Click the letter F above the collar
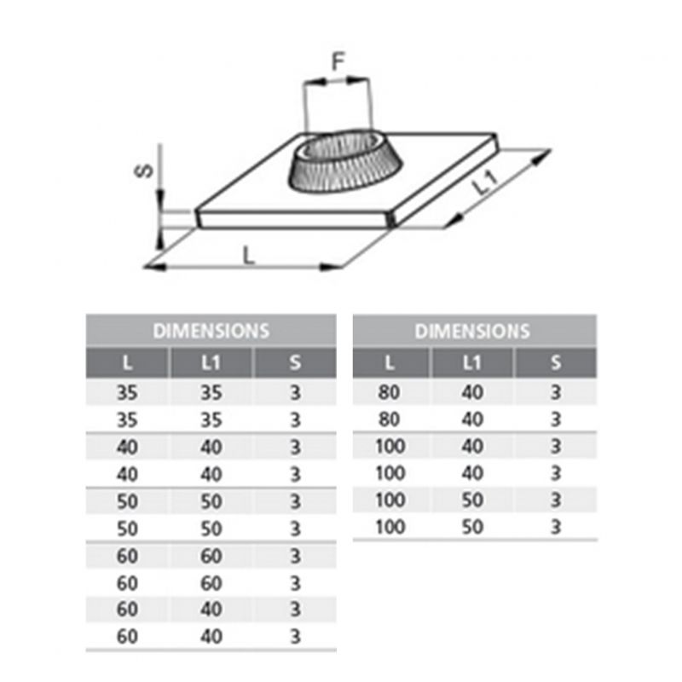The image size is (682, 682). pyautogui.click(x=338, y=61)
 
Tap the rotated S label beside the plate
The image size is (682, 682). pyautogui.click(x=144, y=170)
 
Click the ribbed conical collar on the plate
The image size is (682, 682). pyautogui.click(x=345, y=162)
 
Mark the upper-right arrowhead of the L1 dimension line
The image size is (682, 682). pyautogui.click(x=542, y=157)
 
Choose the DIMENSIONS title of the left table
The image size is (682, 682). pyautogui.click(x=211, y=331)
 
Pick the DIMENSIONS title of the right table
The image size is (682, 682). pyautogui.click(x=472, y=331)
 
